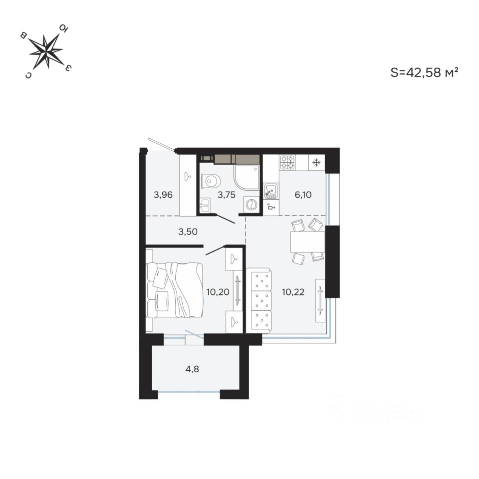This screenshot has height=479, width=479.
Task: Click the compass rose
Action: tap(46, 51)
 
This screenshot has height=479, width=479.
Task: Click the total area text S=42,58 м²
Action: tap(424, 73)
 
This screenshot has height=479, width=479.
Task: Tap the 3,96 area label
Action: tap(163, 195)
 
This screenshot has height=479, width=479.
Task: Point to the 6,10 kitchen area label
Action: tap(303, 195)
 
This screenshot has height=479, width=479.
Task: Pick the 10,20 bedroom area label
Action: tap(217, 292)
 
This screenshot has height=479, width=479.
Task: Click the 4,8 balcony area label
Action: tap(195, 370)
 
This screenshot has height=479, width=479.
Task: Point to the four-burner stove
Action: tap(287, 163)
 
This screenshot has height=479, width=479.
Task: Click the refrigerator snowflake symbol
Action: tap(316, 162)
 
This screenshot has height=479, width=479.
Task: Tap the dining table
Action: tap(307, 242)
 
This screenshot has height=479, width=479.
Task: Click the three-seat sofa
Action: tap(259, 300)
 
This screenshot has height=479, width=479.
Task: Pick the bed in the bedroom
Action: tap(175, 289)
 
